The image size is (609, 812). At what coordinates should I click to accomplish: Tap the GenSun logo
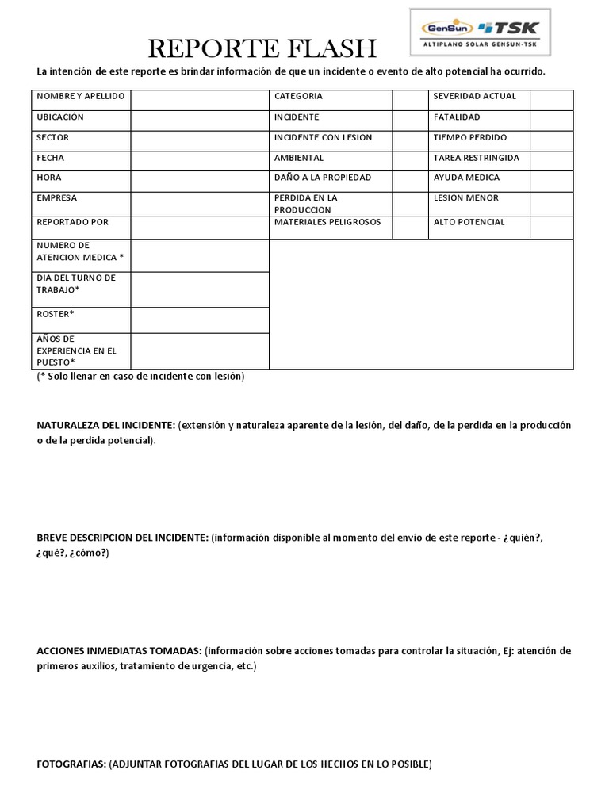(445, 28)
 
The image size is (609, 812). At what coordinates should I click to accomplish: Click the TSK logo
(507, 28)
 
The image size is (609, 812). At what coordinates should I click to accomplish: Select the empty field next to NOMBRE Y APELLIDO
(200, 100)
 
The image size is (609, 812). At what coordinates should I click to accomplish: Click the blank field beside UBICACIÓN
(200, 121)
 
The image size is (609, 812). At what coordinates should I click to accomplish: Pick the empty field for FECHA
(200, 162)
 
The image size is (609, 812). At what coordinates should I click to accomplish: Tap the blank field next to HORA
(200, 182)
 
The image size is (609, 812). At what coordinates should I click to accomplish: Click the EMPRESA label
(57, 198)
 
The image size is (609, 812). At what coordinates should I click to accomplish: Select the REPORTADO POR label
(73, 222)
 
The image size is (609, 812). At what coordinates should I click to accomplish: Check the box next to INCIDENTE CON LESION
(410, 141)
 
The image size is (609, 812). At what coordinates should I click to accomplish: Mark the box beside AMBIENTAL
(410, 162)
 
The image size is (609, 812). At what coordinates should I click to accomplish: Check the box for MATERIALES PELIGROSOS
(410, 227)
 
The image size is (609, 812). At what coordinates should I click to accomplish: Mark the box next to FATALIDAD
(551, 121)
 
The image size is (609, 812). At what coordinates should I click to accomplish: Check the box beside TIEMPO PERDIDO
(551, 141)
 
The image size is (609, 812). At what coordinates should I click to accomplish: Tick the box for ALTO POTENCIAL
(551, 227)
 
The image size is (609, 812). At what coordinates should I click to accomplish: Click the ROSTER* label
(56, 314)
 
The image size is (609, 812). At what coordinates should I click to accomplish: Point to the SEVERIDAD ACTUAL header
(475, 96)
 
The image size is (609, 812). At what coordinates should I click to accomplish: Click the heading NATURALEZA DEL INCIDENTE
(106, 426)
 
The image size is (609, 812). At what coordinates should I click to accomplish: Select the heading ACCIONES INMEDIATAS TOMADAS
(119, 651)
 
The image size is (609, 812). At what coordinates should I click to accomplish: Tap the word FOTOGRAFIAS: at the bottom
(71, 764)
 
